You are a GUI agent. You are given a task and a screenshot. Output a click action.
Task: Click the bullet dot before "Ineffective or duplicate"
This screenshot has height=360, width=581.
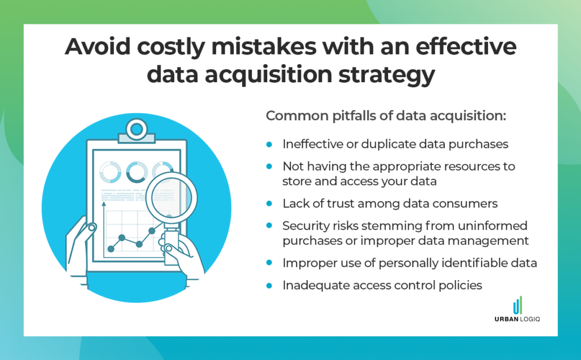pos(270,144)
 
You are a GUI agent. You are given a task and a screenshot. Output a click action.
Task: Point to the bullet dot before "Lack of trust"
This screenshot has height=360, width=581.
pos(270,204)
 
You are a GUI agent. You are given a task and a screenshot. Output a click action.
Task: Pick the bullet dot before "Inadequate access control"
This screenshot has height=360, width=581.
pos(270,285)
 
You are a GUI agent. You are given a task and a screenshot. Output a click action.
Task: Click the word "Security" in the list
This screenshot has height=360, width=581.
pos(307,226)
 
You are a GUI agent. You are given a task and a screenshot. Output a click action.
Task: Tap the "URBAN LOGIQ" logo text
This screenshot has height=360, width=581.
pos(517,319)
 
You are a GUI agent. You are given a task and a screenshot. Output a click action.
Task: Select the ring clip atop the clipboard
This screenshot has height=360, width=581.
pos(136,129)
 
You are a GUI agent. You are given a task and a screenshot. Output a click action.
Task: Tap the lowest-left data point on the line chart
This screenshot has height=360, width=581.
pos(111,249)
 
